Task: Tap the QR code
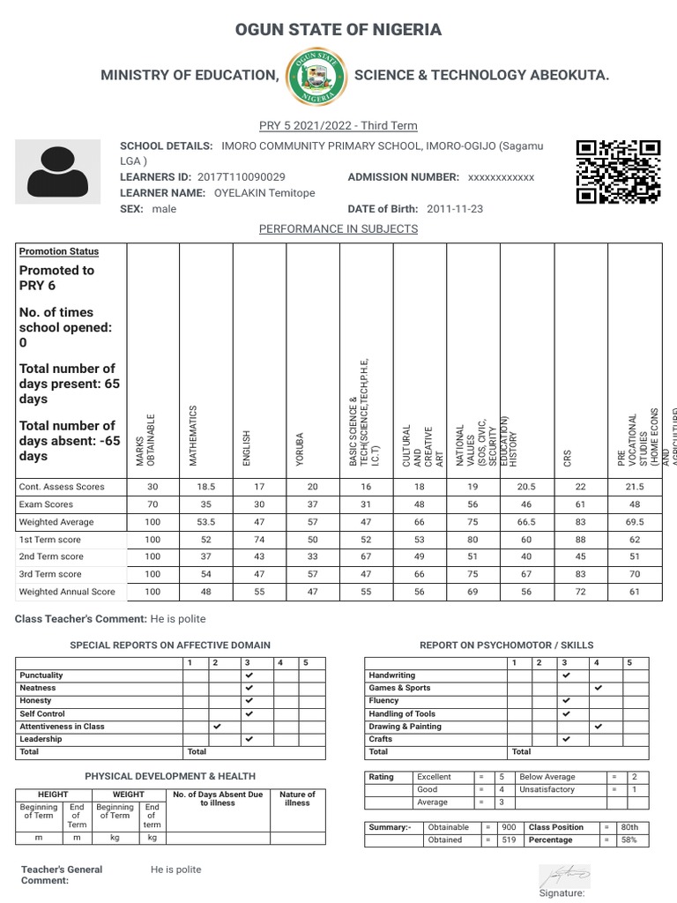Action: (618, 172)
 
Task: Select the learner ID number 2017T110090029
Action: (242, 177)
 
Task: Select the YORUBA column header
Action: (301, 449)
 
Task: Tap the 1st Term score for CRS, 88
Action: (581, 539)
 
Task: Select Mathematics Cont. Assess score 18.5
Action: (206, 487)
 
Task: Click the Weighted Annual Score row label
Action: (67, 592)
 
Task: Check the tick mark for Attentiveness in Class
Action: (217, 727)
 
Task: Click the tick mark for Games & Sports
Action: (599, 688)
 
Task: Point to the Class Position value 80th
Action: (629, 827)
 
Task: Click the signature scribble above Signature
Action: (563, 875)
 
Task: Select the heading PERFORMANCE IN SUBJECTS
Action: (338, 229)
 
